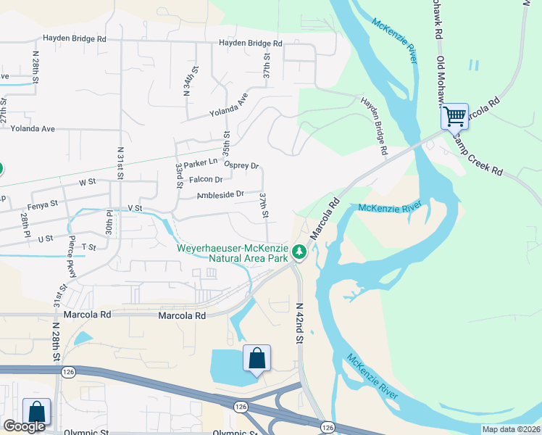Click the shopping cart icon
(454, 115)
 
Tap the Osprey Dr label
(241, 165)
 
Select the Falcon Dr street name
(205, 179)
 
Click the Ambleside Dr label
(220, 194)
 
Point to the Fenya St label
(42, 205)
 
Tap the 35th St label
(226, 145)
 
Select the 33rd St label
(179, 175)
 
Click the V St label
(135, 208)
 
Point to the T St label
(88, 247)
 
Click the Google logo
(24, 426)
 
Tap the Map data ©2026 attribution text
(511, 429)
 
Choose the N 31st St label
(120, 165)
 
